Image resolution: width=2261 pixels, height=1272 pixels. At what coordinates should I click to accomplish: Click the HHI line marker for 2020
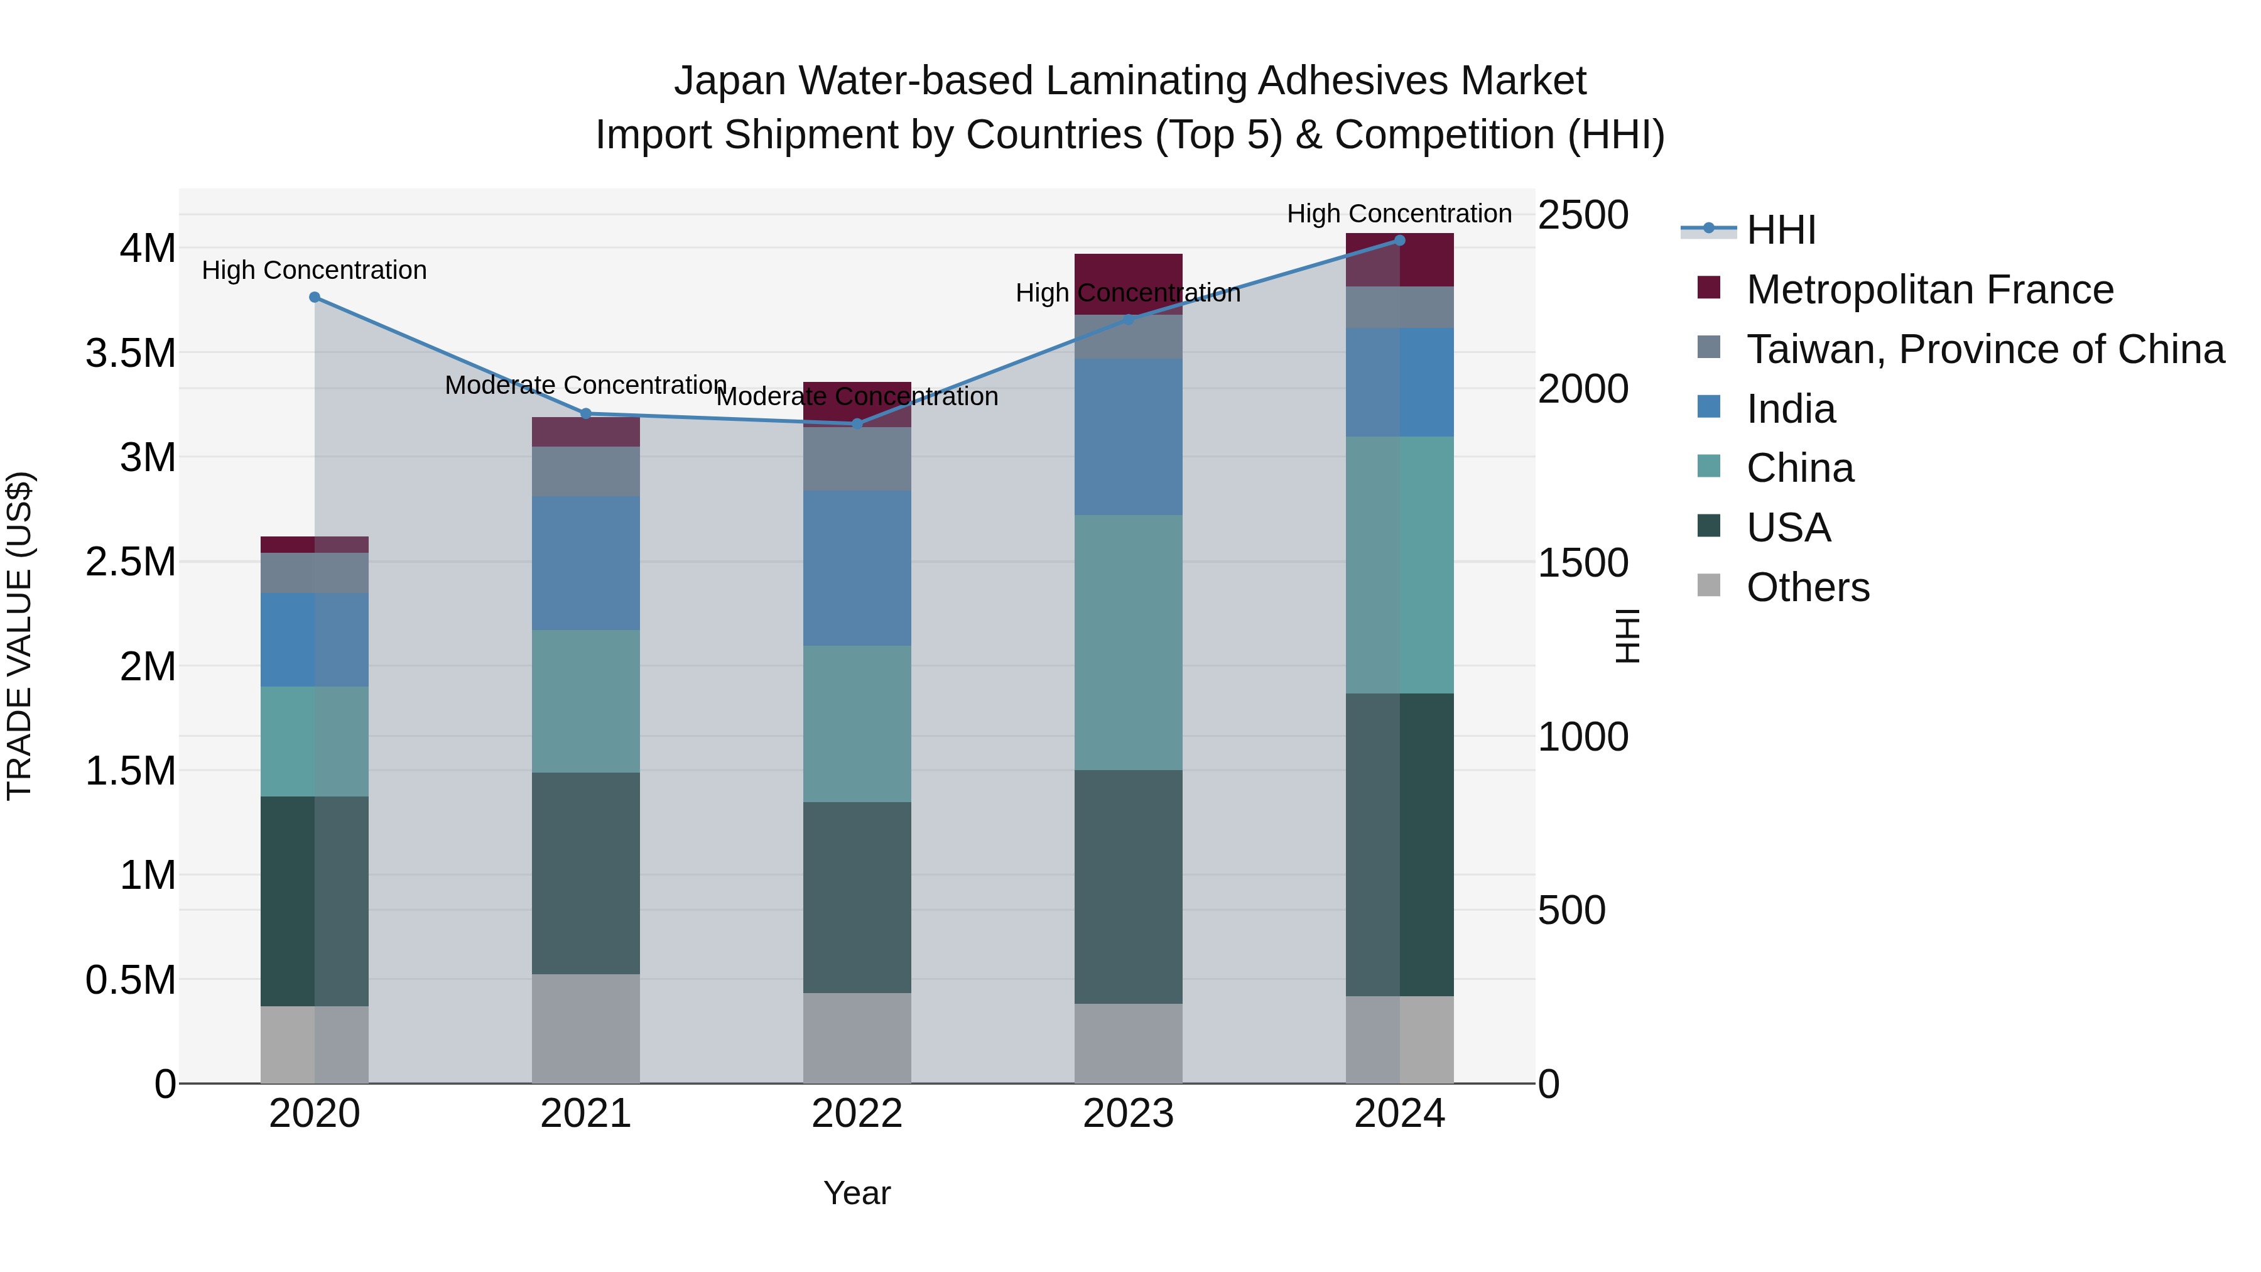pos(314,298)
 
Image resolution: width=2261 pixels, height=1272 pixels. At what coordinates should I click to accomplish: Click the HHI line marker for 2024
pos(1399,241)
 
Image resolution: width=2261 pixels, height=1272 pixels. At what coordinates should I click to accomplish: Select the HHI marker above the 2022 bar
pos(857,424)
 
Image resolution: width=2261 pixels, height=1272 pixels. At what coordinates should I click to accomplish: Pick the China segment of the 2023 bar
pos(1128,642)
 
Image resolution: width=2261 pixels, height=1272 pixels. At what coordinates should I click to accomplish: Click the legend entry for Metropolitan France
pos(1929,290)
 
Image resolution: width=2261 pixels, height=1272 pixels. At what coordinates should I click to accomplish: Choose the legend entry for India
pos(1790,409)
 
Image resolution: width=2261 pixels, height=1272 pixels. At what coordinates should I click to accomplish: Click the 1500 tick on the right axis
pos(1583,563)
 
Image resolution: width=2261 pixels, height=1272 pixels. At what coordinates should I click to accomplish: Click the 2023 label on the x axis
pos(1128,1114)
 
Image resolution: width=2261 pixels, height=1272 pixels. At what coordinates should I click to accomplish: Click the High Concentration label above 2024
pos(1399,214)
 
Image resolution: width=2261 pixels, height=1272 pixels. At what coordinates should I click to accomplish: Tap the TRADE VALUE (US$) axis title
pos(19,636)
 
